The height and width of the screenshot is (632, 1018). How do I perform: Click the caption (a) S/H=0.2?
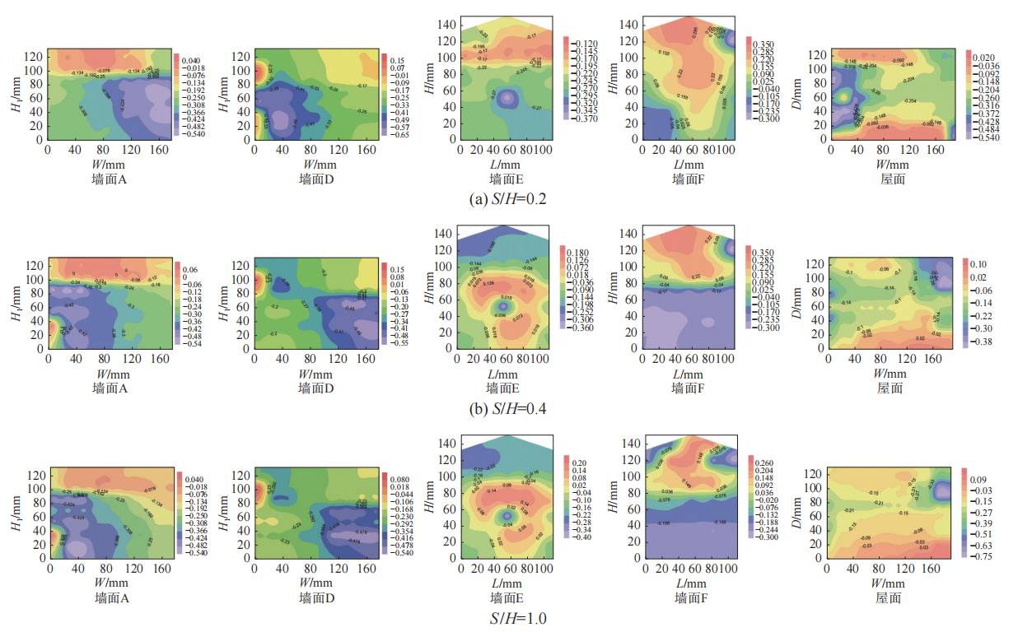pyautogui.click(x=508, y=199)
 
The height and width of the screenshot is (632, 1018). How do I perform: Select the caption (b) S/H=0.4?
pyautogui.click(x=508, y=409)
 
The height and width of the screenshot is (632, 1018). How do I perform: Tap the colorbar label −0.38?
pyautogui.click(x=981, y=341)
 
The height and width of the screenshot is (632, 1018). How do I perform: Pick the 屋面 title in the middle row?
pyautogui.click(x=890, y=388)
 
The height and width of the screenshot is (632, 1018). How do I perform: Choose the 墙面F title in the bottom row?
pyautogui.click(x=689, y=597)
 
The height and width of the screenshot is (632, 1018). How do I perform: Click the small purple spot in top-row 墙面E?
pyautogui.click(x=507, y=98)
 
